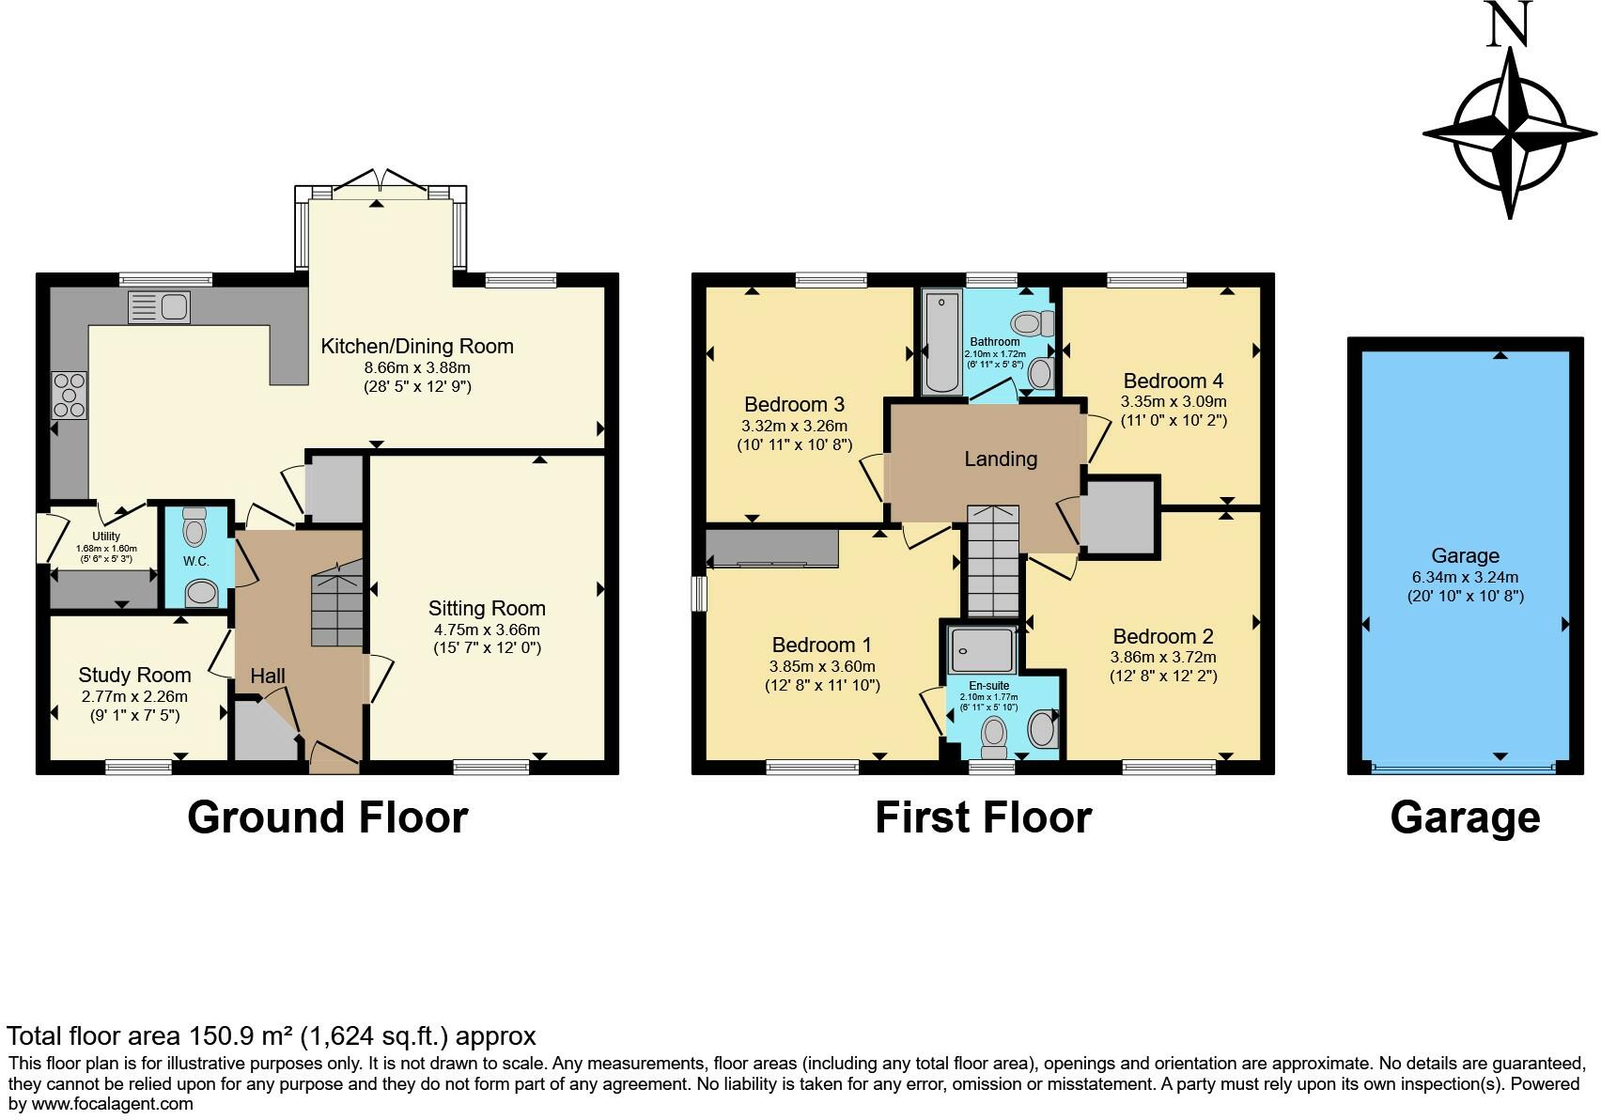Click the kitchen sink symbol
click(160, 307)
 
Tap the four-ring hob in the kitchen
click(70, 396)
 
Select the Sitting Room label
click(487, 608)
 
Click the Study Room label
click(134, 675)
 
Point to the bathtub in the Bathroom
click(941, 342)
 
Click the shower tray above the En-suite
click(982, 649)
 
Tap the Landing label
click(1001, 459)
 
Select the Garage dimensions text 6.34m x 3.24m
click(1465, 578)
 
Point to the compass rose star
click(1510, 134)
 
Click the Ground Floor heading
click(327, 817)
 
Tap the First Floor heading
click(984, 817)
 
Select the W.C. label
click(195, 562)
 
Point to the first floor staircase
click(993, 562)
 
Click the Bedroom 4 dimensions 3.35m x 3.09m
click(1173, 402)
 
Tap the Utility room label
click(106, 537)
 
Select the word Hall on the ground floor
click(268, 676)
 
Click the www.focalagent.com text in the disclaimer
click(112, 1104)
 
